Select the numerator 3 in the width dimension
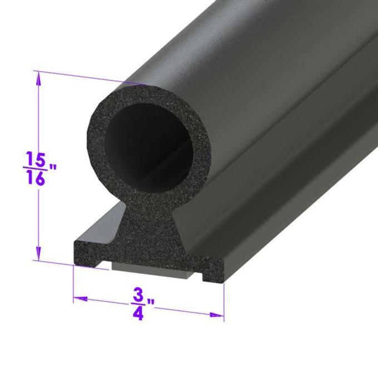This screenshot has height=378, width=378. click(137, 294)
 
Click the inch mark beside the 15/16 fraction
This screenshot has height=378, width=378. click(53, 167)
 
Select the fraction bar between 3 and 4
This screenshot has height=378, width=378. click(137, 304)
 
